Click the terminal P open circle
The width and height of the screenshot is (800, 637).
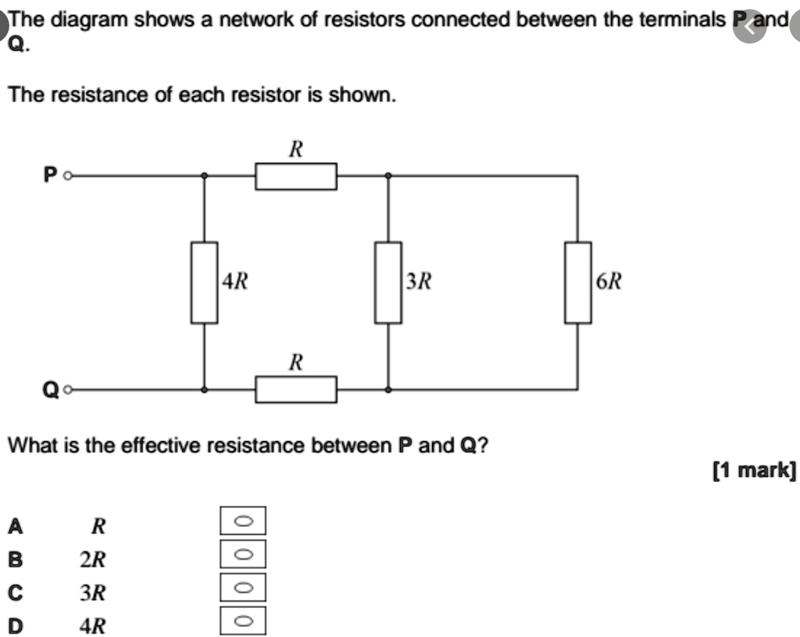coord(68,176)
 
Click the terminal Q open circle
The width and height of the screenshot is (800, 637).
coord(68,389)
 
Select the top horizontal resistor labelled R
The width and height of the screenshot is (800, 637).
coord(296,176)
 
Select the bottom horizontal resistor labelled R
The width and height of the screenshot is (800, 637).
coord(296,389)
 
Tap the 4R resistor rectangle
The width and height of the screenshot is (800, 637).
coord(205,283)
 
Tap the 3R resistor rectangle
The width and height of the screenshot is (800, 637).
coord(388,283)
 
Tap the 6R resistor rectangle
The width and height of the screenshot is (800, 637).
coord(578,283)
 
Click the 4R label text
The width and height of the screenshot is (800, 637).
coord(234,282)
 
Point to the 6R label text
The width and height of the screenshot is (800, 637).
coord(609,282)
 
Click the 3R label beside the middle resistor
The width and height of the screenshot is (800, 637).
coord(419,282)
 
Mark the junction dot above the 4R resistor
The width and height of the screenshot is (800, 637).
coord(205,176)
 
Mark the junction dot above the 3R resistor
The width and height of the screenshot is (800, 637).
coord(388,176)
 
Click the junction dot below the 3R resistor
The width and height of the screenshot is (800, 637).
coord(388,389)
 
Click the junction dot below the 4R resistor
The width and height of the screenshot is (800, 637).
coord(205,389)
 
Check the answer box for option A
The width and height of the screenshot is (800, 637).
coord(243,520)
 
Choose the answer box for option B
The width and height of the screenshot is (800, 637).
coord(243,553)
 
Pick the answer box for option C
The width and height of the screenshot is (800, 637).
coord(243,587)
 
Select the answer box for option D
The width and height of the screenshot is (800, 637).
coord(243,621)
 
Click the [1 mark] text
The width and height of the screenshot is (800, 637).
coord(754,470)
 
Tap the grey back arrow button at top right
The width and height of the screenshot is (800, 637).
coord(750,27)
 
